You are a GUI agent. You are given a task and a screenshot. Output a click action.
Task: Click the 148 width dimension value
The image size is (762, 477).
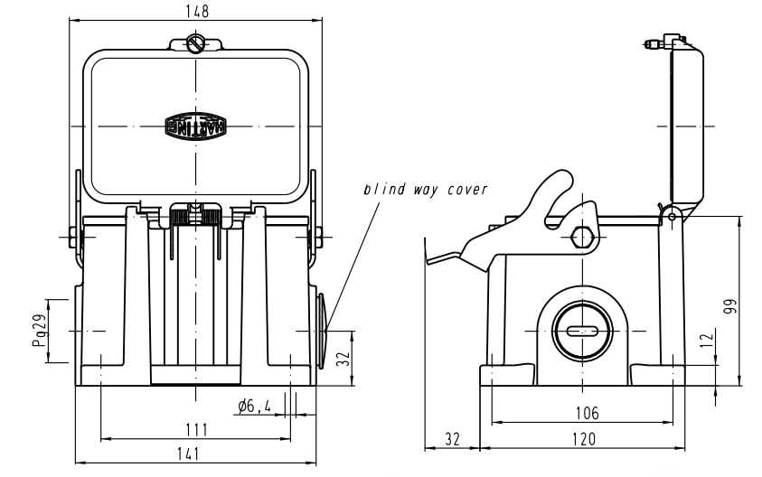pos(195,11)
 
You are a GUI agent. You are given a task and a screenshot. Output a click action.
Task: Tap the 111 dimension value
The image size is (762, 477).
pos(195,429)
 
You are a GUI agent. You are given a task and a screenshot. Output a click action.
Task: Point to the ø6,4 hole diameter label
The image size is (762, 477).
pos(255,407)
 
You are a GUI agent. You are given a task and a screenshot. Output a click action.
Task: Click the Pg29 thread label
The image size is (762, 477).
pos(39,331)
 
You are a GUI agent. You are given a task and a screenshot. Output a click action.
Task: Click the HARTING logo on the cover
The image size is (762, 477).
pos(194,126)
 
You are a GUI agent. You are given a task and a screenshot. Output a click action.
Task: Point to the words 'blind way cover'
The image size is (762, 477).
pos(425,190)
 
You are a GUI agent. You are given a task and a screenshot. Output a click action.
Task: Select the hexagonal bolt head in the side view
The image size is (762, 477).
pos(584,238)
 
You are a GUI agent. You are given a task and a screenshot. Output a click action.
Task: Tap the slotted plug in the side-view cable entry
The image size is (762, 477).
pos(583,331)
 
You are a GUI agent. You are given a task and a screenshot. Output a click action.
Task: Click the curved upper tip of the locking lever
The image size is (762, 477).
pos(560,180)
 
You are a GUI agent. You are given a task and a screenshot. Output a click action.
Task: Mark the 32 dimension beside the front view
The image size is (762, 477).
pos(343,359)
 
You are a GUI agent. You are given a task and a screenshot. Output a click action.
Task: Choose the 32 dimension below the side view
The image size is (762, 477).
pos(452,439)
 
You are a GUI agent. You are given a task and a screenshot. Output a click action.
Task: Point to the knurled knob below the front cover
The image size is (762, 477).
pos(195,217)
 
